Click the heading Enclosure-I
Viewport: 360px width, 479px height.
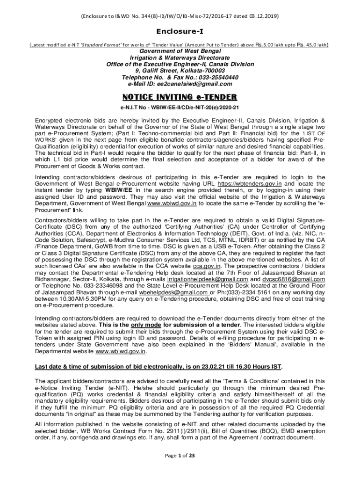click(180, 32)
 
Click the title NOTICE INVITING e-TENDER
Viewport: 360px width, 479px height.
click(180, 97)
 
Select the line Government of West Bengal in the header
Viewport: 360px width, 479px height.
click(180, 51)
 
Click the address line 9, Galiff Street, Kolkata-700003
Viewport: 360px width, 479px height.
click(180, 71)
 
